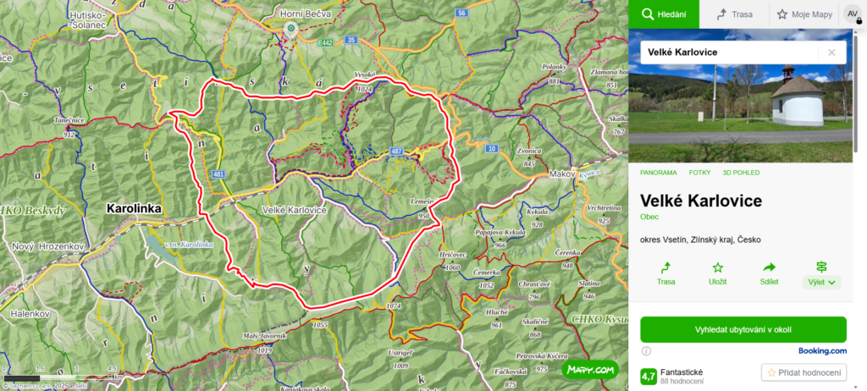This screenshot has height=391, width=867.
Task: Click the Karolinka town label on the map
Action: (x=134, y=207)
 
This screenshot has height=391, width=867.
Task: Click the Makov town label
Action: (x=561, y=173)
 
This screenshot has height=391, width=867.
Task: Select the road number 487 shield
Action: (x=396, y=151)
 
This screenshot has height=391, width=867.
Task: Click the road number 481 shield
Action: (x=219, y=173)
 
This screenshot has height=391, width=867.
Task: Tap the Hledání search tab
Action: (x=664, y=14)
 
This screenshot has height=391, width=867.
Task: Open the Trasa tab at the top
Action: (x=734, y=14)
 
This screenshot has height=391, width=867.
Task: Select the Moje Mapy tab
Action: (x=803, y=14)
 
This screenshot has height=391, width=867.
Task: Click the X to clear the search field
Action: (x=831, y=52)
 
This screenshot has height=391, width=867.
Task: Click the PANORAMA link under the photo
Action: (x=659, y=173)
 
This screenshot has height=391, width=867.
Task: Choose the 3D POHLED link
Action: (x=741, y=173)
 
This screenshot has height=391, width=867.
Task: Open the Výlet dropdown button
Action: (x=821, y=282)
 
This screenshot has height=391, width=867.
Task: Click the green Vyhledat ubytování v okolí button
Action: (x=743, y=329)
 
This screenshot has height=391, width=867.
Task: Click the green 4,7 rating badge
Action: (x=649, y=376)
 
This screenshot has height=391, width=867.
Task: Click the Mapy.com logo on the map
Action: (x=590, y=369)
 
